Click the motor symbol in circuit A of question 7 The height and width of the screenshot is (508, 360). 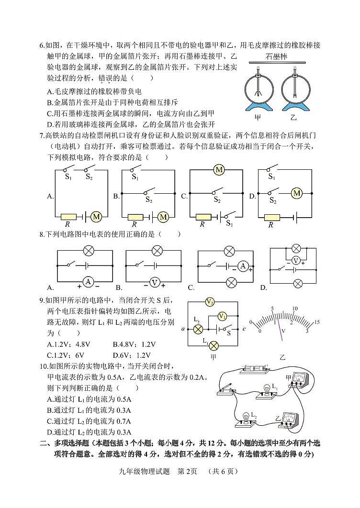click(x=97, y=216)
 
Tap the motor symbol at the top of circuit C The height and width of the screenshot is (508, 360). click(x=219, y=170)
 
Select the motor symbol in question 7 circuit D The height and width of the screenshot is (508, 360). click(x=297, y=193)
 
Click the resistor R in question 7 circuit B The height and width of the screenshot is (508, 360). click(x=135, y=217)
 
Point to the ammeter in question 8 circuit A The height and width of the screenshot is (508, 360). click(x=88, y=282)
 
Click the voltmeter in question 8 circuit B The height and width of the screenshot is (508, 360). click(x=155, y=282)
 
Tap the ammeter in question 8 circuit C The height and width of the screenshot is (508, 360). click(x=243, y=266)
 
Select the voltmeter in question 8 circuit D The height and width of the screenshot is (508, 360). click(x=295, y=260)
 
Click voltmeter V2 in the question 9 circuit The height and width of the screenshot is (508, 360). click(x=209, y=301)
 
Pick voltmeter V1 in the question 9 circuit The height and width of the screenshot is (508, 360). click(x=222, y=316)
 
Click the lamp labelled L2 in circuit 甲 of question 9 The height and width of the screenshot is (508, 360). click(x=198, y=329)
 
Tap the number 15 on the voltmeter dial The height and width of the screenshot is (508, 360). click(x=316, y=322)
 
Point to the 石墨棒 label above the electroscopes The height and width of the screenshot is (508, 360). click(x=276, y=57)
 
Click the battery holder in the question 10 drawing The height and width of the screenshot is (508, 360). click(x=254, y=369)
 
